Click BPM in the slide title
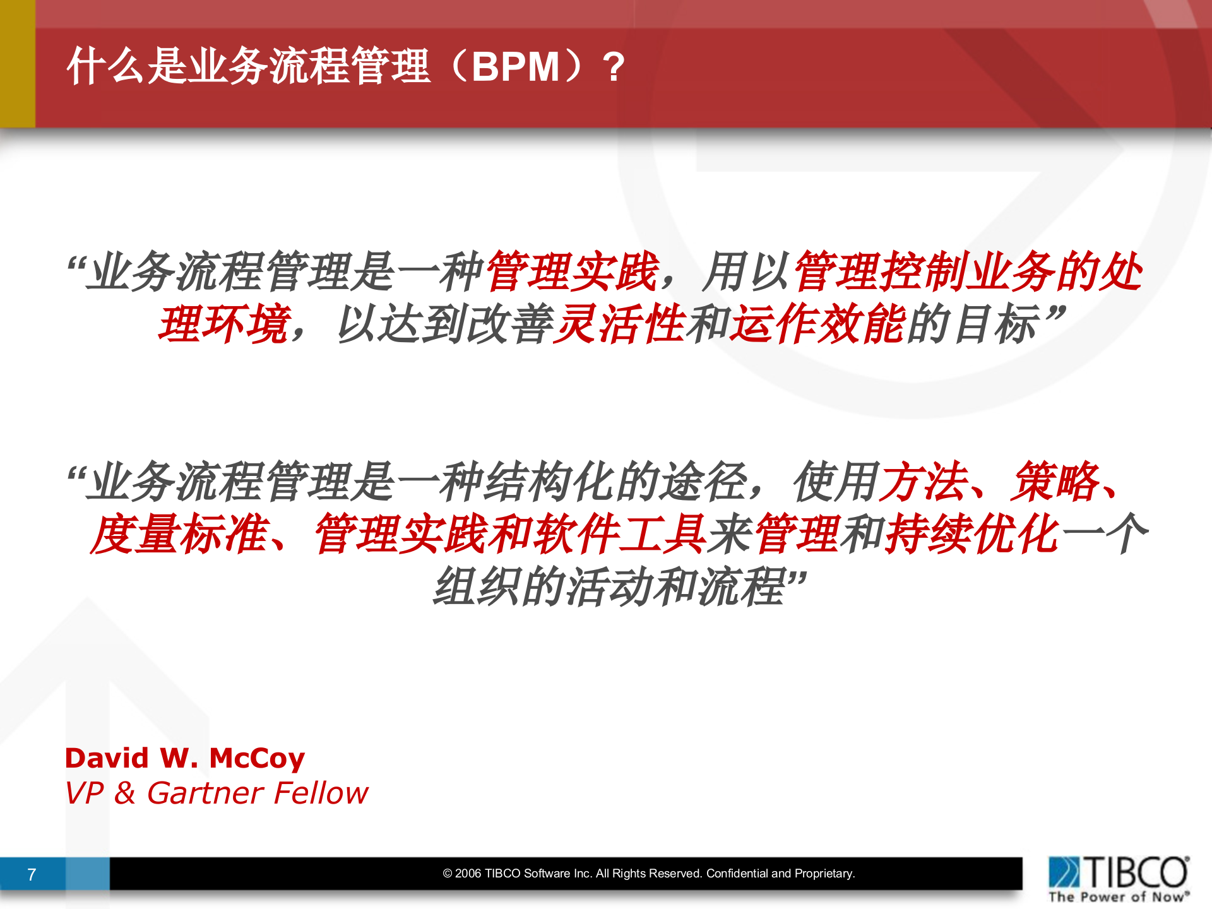coord(515,67)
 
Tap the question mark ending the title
coord(613,67)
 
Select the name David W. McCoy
coord(185,758)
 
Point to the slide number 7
coord(32,874)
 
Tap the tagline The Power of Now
coord(1118,897)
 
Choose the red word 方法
coord(924,482)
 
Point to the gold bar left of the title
coord(17,63)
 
